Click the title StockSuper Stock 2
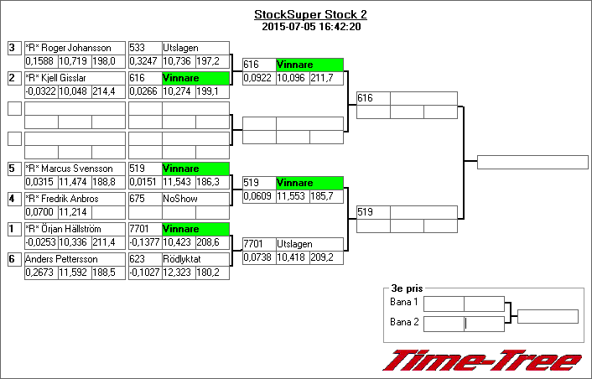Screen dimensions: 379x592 click(x=310, y=14)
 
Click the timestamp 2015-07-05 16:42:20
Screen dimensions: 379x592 click(x=310, y=26)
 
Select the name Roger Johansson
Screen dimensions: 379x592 click(x=62, y=48)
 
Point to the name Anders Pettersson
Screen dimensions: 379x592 click(x=60, y=259)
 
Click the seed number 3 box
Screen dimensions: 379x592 click(x=13, y=48)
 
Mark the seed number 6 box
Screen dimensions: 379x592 click(x=13, y=259)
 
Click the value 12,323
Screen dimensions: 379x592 click(x=178, y=273)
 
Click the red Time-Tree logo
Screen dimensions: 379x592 click(x=481, y=360)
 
